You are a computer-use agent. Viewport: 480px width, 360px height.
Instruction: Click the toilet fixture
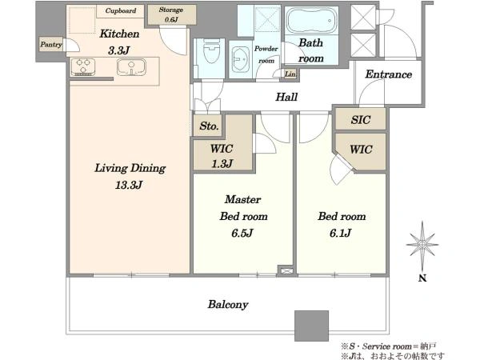click(211, 51)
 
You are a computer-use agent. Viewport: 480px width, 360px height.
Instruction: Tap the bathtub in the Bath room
click(311, 21)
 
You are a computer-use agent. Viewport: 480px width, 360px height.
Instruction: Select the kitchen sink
click(131, 66)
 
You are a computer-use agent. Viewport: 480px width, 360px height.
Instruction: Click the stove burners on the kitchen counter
click(83, 66)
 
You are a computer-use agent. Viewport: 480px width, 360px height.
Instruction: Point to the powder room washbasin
click(241, 58)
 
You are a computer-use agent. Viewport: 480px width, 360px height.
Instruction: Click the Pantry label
click(51, 44)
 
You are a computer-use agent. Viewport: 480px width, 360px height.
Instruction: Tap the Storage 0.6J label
click(171, 14)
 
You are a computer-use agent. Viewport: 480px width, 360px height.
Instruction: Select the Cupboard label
click(121, 10)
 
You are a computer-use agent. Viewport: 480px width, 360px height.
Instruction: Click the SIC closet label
click(361, 120)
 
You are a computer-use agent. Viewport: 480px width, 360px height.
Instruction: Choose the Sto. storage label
click(209, 126)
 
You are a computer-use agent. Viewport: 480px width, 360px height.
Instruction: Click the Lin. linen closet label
click(290, 74)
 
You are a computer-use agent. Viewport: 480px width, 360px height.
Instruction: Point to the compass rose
click(422, 245)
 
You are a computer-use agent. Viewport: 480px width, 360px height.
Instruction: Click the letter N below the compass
click(422, 278)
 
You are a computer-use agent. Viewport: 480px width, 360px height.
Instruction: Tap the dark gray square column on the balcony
click(312, 326)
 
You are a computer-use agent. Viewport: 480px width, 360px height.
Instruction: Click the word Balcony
click(228, 305)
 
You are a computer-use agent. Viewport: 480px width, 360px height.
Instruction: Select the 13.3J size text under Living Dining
click(129, 185)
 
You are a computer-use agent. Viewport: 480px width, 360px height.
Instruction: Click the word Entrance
click(389, 74)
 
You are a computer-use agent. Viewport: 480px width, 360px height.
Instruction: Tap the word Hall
click(286, 97)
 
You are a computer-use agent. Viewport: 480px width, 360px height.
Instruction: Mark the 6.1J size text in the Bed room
click(341, 234)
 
